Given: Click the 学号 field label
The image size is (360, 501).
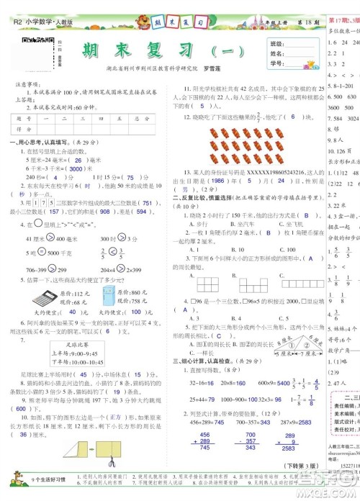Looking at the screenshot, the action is coord(276,64).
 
